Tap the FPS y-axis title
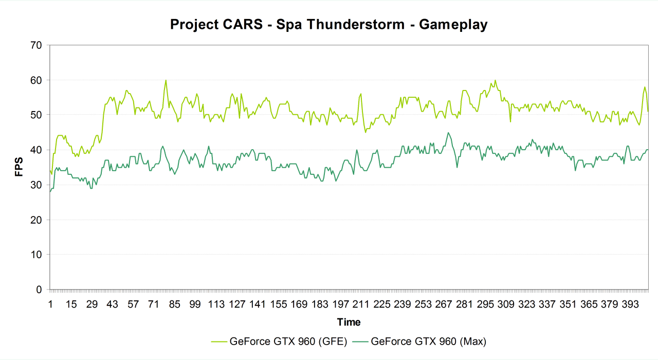click(19, 167)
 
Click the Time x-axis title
click(349, 322)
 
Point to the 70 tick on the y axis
click(36, 45)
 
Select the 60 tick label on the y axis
click(36, 80)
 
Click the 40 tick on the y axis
click(36, 150)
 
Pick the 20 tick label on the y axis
click(36, 220)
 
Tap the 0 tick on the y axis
click(39, 290)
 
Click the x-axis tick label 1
click(50, 304)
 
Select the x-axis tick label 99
click(195, 304)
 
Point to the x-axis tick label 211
click(361, 304)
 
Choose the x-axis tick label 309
click(506, 304)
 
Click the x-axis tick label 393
click(630, 304)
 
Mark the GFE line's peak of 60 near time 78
click(166, 80)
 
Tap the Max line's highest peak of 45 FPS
click(448, 133)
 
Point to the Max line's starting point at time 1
click(50, 192)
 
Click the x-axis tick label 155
click(278, 304)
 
